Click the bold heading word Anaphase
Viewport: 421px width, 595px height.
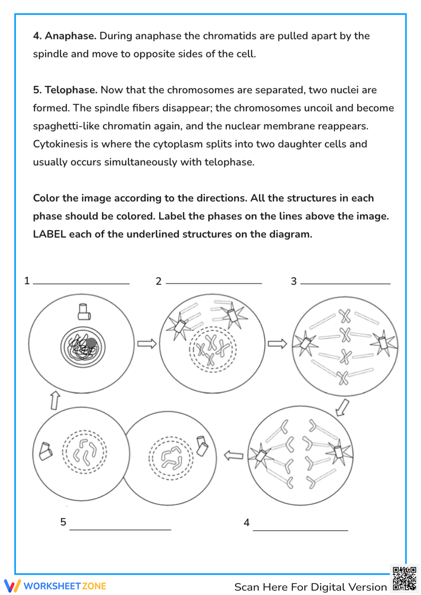click(70, 36)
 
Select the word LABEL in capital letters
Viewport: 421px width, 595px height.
click(49, 234)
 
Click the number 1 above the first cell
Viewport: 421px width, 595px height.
click(27, 281)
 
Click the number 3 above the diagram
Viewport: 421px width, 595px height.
click(293, 281)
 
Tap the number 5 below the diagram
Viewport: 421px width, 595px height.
click(63, 522)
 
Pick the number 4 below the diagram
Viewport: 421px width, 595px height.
click(247, 523)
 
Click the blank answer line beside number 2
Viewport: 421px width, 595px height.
click(214, 283)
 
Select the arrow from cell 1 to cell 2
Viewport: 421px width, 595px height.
click(147, 344)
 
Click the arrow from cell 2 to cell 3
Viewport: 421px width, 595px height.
click(277, 344)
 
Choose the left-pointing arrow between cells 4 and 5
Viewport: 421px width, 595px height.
click(234, 455)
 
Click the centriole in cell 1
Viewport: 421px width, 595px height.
click(84, 312)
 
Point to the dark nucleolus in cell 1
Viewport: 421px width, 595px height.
click(91, 343)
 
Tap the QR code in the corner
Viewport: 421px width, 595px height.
click(405, 579)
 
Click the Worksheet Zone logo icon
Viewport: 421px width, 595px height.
click(12, 586)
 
